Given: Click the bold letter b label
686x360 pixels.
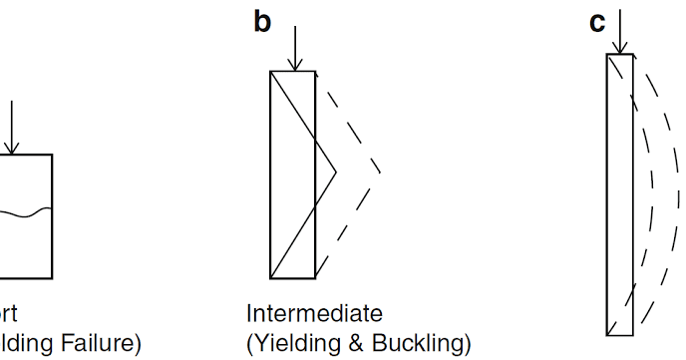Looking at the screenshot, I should pyautogui.click(x=262, y=21).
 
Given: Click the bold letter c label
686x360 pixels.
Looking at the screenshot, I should pyautogui.click(x=597, y=21).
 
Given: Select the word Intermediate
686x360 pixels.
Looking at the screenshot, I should pyautogui.click(x=314, y=315).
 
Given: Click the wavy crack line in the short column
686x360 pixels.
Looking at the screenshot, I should pyautogui.click(x=25, y=211).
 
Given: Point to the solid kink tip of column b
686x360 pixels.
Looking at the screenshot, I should pyautogui.click(x=336, y=173).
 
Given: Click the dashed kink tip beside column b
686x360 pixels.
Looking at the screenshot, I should pyautogui.click(x=380, y=173).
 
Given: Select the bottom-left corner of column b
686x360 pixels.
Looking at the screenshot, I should pyautogui.click(x=271, y=278).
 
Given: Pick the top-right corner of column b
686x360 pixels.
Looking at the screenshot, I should pyautogui.click(x=315, y=72).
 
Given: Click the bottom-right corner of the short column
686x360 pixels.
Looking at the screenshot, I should pyautogui.click(x=52, y=278).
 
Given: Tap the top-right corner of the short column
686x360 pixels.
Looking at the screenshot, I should pyautogui.click(x=52, y=155).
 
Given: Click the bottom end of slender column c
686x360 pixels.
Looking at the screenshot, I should pyautogui.click(x=619, y=334).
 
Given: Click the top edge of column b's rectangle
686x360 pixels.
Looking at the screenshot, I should pyautogui.click(x=293, y=72).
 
